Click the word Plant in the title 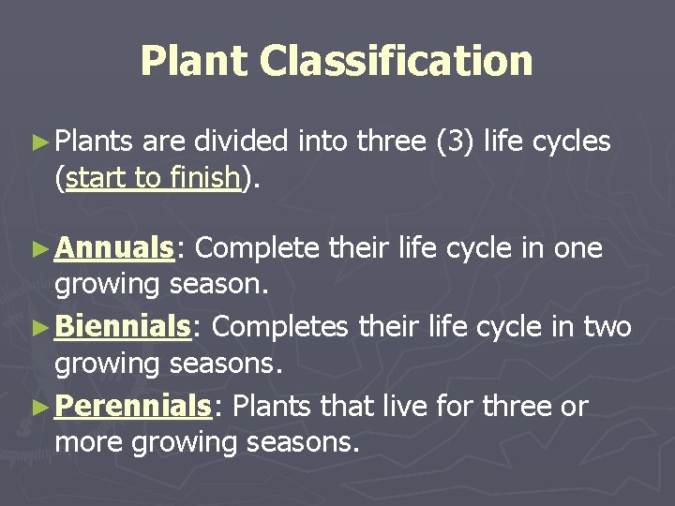[194, 61]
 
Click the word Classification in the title [396, 61]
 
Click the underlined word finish [203, 178]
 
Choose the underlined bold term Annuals [115, 248]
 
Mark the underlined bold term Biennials [123, 327]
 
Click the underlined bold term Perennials [133, 407]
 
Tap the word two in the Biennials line [608, 328]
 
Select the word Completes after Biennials [277, 328]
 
